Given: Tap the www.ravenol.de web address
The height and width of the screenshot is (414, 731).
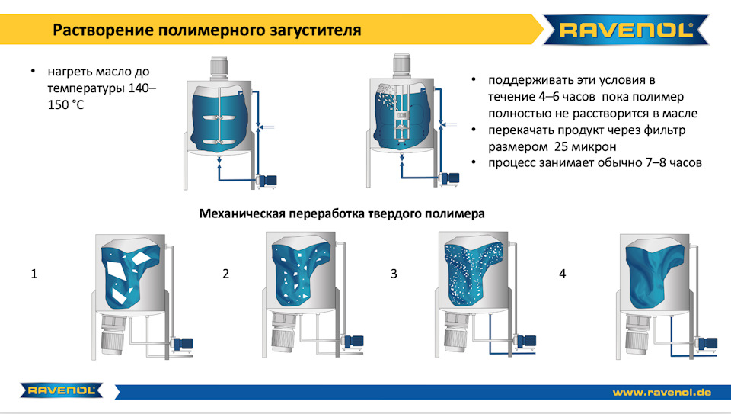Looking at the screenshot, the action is click(x=662, y=392).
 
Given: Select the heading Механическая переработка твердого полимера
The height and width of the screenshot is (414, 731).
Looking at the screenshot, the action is click(x=341, y=214).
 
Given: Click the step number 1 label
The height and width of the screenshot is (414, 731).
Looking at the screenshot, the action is click(x=34, y=273).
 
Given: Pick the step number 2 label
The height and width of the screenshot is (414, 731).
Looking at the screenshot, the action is click(x=226, y=273).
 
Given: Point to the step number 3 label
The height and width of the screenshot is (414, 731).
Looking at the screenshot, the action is click(x=394, y=273).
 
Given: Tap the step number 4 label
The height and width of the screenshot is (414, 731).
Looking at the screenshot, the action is click(x=563, y=273).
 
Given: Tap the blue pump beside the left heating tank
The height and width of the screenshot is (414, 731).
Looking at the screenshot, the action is click(x=266, y=180).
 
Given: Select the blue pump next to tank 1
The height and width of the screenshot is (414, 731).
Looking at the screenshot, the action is click(x=182, y=344).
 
